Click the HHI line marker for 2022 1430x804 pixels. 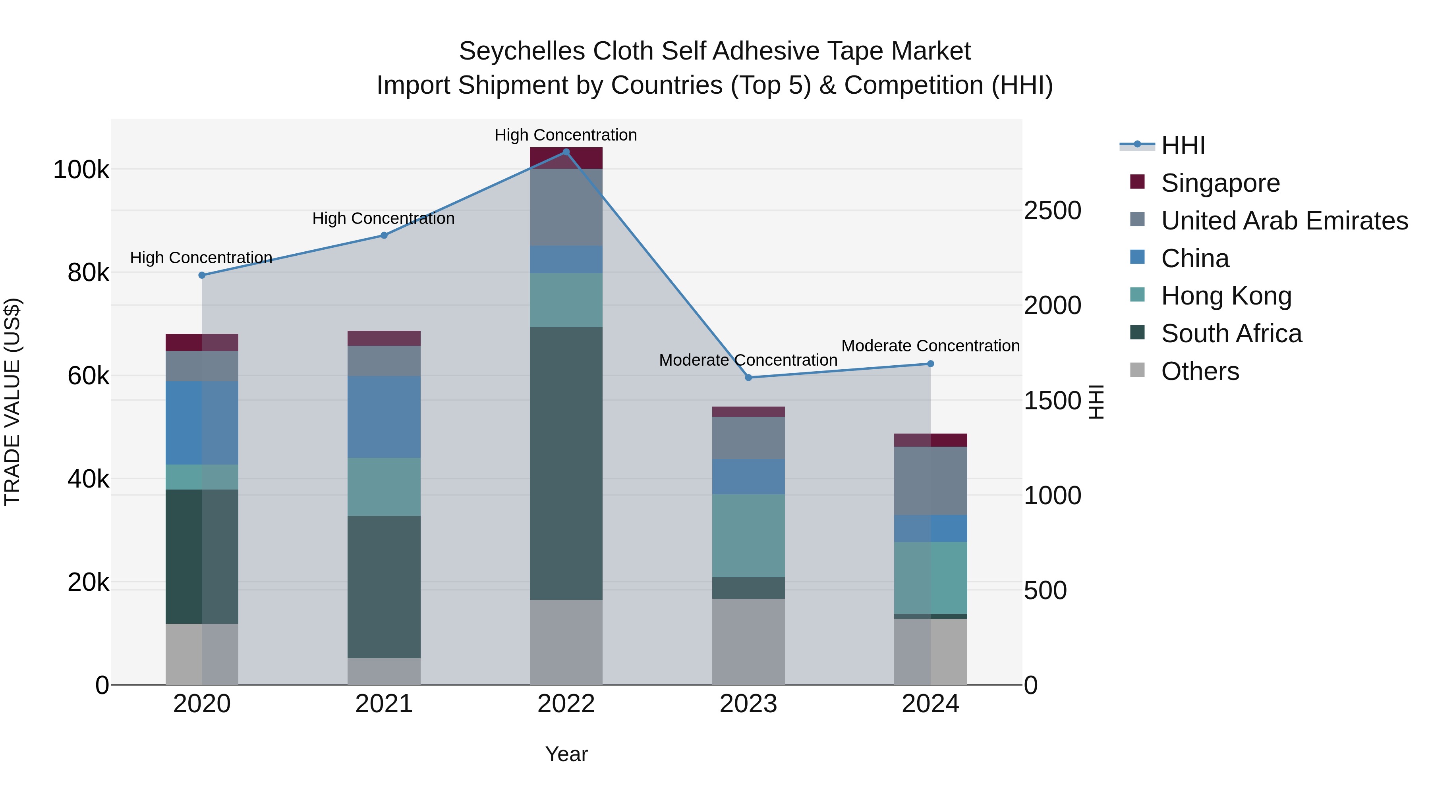click(566, 152)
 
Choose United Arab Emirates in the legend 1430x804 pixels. click(1284, 221)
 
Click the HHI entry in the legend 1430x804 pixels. click(1183, 145)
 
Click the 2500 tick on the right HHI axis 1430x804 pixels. click(1052, 210)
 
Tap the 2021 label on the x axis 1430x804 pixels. click(384, 704)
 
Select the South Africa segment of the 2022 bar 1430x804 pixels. click(566, 463)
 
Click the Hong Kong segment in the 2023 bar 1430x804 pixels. click(748, 536)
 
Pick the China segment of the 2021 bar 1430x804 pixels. click(384, 417)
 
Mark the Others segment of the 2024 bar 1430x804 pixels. click(930, 652)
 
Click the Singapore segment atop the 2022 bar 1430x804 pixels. click(566, 158)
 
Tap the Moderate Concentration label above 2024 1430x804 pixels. click(930, 346)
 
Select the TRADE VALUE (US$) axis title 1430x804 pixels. click(12, 402)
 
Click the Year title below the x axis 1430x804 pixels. click(566, 754)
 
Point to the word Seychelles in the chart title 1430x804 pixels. click(522, 51)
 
